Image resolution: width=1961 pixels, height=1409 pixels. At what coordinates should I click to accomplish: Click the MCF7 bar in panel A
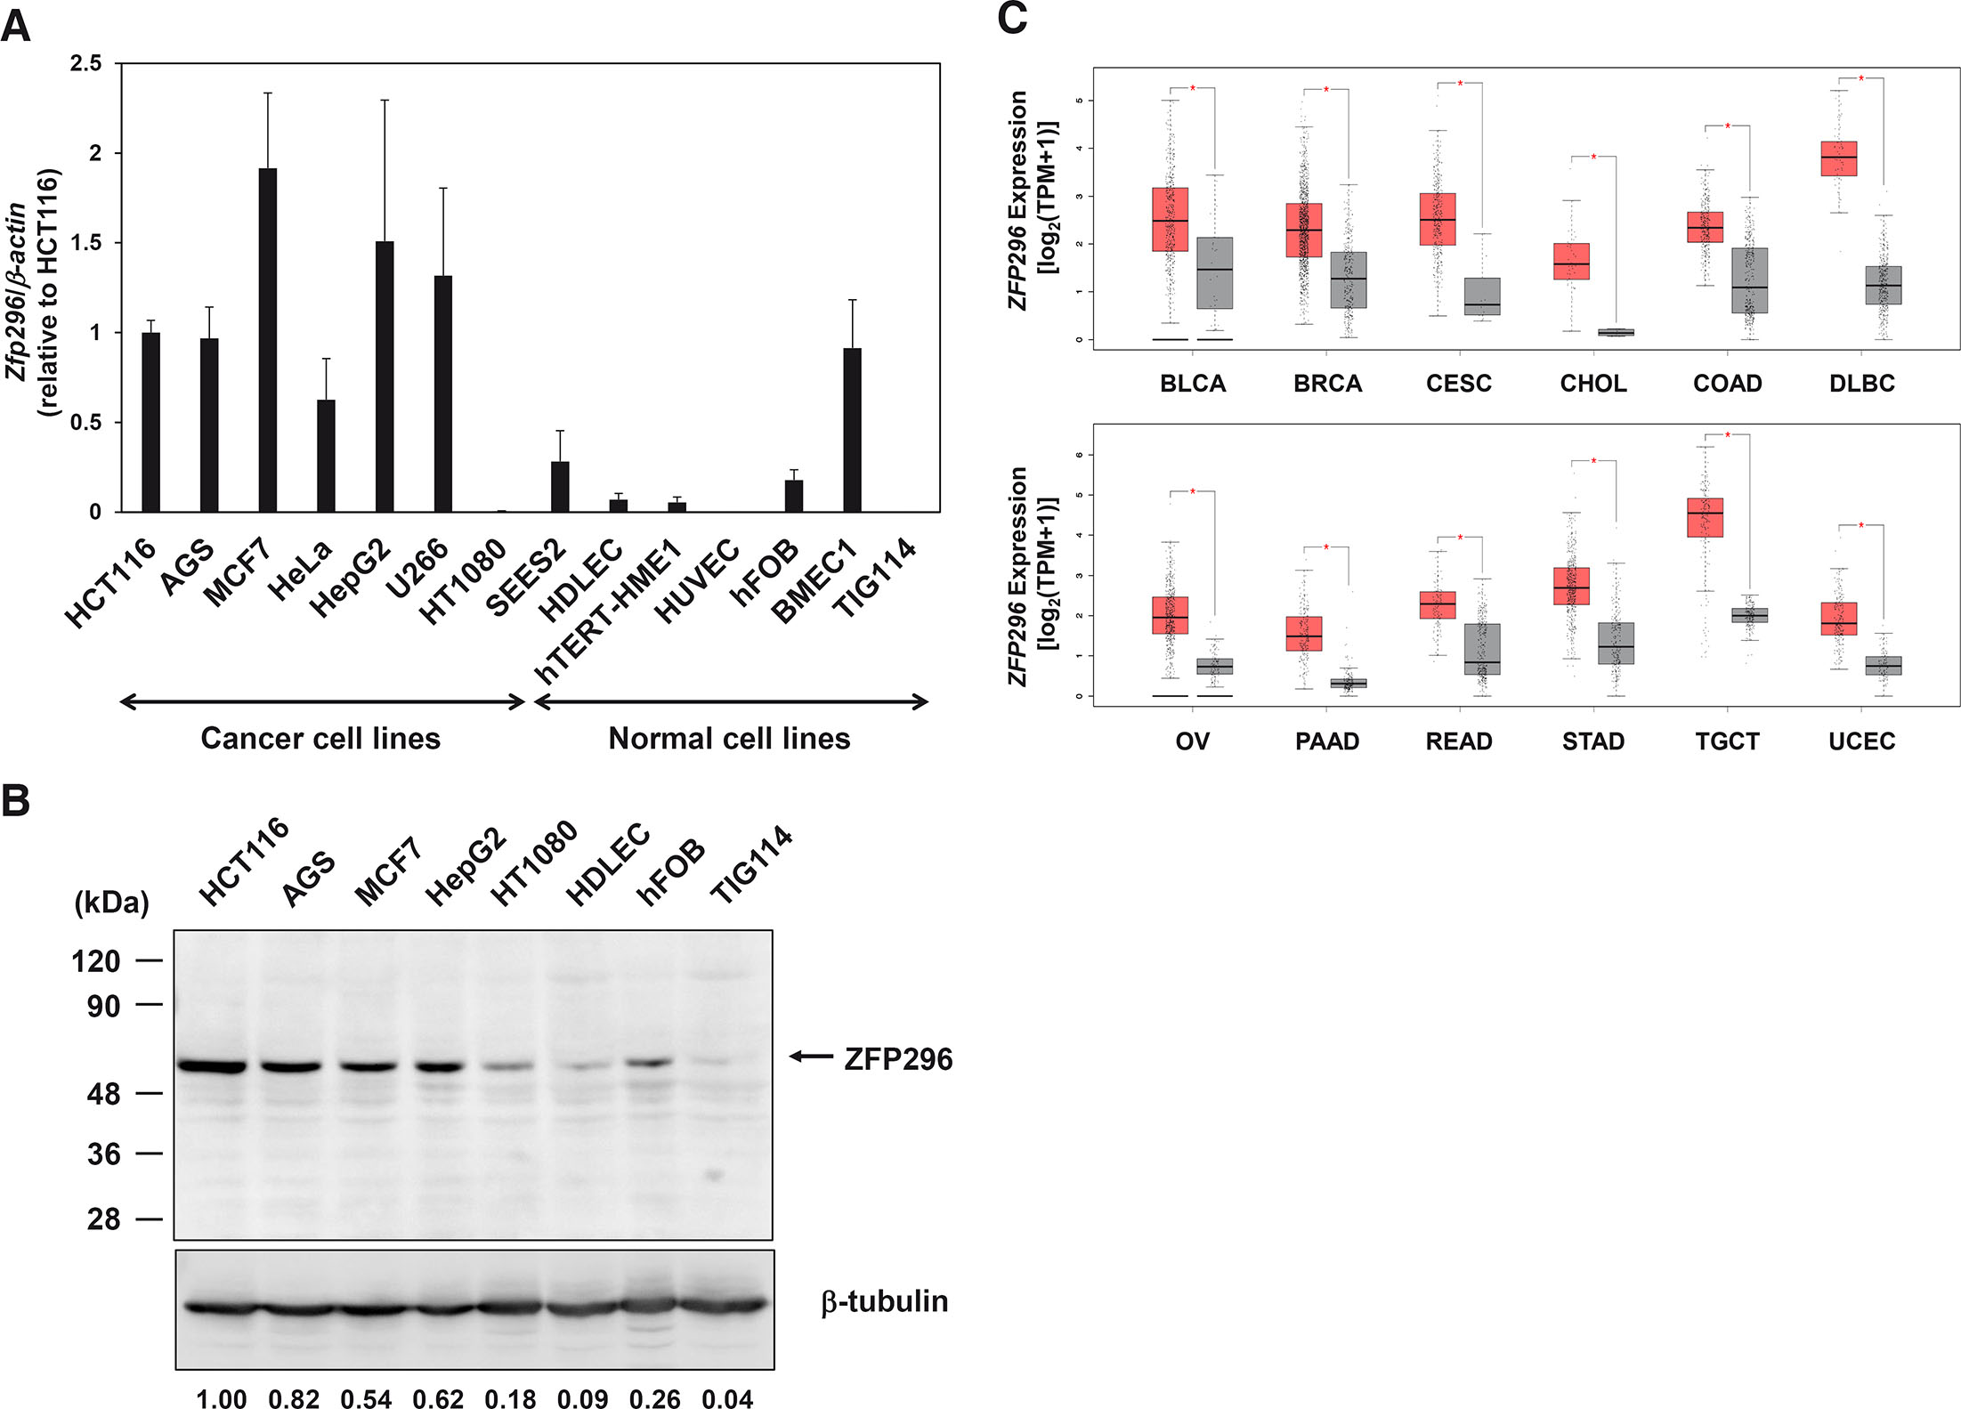[267, 340]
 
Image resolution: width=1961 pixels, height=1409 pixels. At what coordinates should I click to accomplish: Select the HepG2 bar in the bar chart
[385, 377]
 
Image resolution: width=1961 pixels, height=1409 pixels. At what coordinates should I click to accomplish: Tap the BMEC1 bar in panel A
[852, 430]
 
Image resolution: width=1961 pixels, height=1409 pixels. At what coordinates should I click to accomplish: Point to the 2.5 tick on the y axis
[86, 64]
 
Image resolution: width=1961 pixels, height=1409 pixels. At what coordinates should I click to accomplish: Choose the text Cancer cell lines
[320, 739]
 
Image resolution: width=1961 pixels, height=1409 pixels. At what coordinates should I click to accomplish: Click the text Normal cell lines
[729, 739]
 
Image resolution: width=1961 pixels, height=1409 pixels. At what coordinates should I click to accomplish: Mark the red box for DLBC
[1838, 158]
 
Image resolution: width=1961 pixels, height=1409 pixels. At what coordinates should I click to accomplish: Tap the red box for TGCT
[1705, 517]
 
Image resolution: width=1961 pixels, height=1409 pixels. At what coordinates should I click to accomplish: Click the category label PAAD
[1326, 741]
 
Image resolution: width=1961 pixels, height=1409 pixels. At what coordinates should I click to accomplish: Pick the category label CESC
[1459, 384]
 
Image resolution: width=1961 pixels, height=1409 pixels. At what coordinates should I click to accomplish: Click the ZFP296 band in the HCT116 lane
[212, 1065]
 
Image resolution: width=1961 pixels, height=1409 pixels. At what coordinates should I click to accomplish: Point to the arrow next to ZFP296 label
[810, 1057]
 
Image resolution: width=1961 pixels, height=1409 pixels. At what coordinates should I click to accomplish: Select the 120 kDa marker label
[96, 961]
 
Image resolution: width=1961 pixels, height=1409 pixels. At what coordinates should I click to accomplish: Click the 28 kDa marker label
[103, 1219]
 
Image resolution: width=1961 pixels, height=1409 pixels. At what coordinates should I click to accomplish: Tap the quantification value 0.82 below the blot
[294, 1398]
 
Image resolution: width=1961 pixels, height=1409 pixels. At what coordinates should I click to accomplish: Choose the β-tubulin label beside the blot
[884, 1301]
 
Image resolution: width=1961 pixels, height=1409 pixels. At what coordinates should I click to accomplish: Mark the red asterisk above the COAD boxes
[1728, 126]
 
